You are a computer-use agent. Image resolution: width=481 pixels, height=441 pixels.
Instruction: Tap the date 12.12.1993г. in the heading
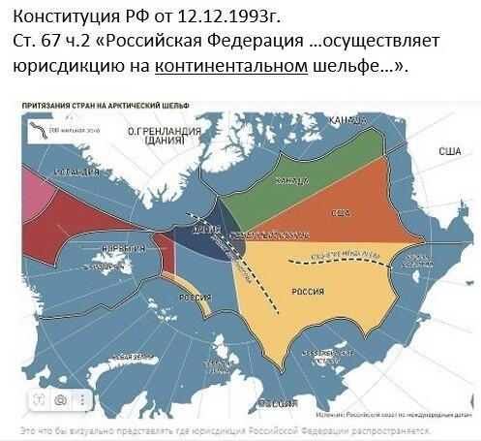(222, 17)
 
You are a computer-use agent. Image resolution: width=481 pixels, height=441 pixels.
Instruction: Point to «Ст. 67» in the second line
(41, 42)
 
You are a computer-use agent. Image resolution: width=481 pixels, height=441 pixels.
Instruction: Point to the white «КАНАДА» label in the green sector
(292, 180)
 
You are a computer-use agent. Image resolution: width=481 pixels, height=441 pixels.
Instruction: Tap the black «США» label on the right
(449, 151)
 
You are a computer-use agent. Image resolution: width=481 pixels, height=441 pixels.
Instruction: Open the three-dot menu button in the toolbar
(83, 398)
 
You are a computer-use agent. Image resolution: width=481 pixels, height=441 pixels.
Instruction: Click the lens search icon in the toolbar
(60, 398)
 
